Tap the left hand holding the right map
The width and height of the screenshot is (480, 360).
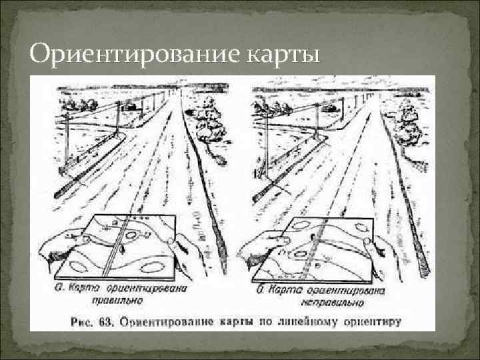(257, 248)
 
